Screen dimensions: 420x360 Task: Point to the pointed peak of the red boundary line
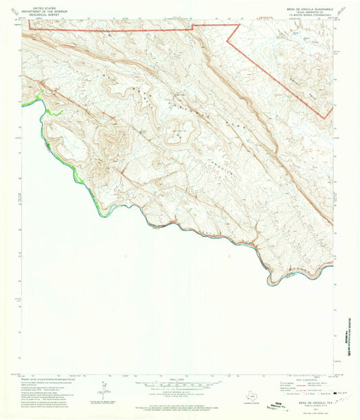tap(239, 25)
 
